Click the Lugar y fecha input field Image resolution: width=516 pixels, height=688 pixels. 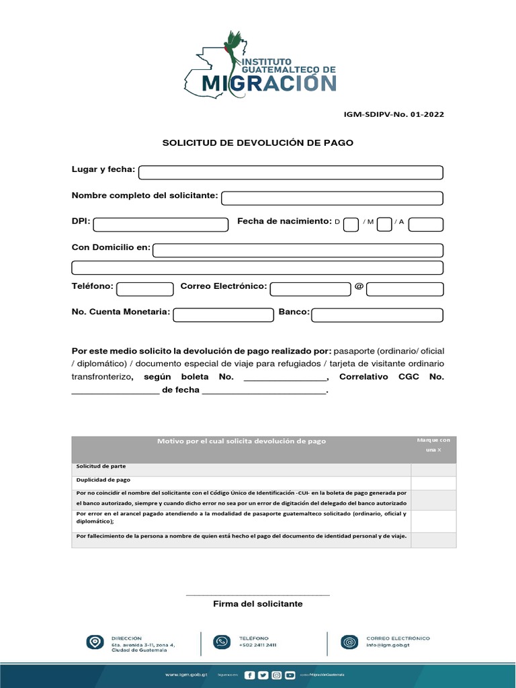(290, 173)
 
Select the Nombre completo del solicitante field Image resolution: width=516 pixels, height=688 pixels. (332, 198)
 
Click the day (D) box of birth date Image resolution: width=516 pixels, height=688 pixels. (351, 224)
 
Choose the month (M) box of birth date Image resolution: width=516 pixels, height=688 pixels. (384, 224)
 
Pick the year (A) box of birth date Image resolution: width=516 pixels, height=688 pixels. (425, 224)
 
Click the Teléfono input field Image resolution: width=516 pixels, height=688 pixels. (145, 290)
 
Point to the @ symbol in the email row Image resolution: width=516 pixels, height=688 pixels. (359, 287)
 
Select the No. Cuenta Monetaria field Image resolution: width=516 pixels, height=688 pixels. (222, 315)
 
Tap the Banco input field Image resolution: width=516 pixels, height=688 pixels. (377, 315)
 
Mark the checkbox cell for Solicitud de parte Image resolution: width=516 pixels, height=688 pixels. (433, 469)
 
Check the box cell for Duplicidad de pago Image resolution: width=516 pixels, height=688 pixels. (433, 482)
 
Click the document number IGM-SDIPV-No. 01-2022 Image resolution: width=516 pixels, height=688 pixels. (394, 114)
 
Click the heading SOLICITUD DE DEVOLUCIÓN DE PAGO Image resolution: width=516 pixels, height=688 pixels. (258, 143)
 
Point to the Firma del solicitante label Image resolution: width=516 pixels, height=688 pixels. (258, 604)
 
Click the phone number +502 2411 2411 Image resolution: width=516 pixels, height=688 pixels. (257, 645)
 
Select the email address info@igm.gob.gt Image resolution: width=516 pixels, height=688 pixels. (389, 645)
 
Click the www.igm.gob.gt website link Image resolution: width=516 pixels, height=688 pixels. (186, 674)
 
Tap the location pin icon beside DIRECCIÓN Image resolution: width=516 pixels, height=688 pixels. (95, 642)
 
